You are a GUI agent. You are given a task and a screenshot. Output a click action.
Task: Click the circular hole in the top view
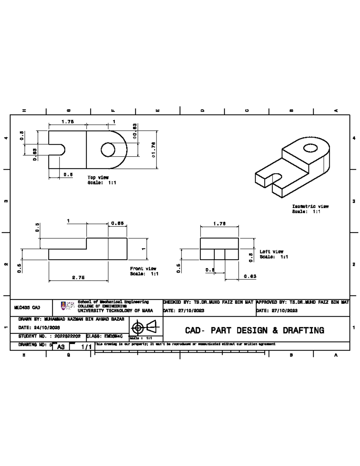(x=108, y=149)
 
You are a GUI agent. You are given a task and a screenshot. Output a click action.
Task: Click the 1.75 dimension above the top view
(x=67, y=122)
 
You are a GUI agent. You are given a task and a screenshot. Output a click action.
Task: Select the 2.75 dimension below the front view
(x=78, y=278)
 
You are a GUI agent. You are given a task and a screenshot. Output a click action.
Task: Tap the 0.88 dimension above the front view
(x=117, y=223)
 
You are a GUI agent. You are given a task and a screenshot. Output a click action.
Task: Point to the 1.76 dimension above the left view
(x=219, y=224)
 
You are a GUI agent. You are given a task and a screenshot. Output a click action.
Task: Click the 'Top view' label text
(x=98, y=177)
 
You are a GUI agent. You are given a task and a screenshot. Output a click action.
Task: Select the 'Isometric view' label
(x=310, y=206)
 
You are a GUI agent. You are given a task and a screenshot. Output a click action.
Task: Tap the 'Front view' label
(x=143, y=269)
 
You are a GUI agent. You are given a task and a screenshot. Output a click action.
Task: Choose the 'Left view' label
(x=271, y=251)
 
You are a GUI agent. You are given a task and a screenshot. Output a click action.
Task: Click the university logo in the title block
(x=63, y=306)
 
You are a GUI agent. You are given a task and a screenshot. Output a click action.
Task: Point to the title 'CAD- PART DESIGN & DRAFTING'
(x=254, y=330)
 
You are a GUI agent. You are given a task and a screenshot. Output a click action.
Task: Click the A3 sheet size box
(x=61, y=347)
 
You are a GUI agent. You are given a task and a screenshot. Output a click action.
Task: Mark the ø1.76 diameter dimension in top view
(x=153, y=149)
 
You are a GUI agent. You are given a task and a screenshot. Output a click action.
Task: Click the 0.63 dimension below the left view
(x=250, y=276)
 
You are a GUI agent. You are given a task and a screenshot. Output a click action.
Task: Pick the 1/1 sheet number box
(x=86, y=347)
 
